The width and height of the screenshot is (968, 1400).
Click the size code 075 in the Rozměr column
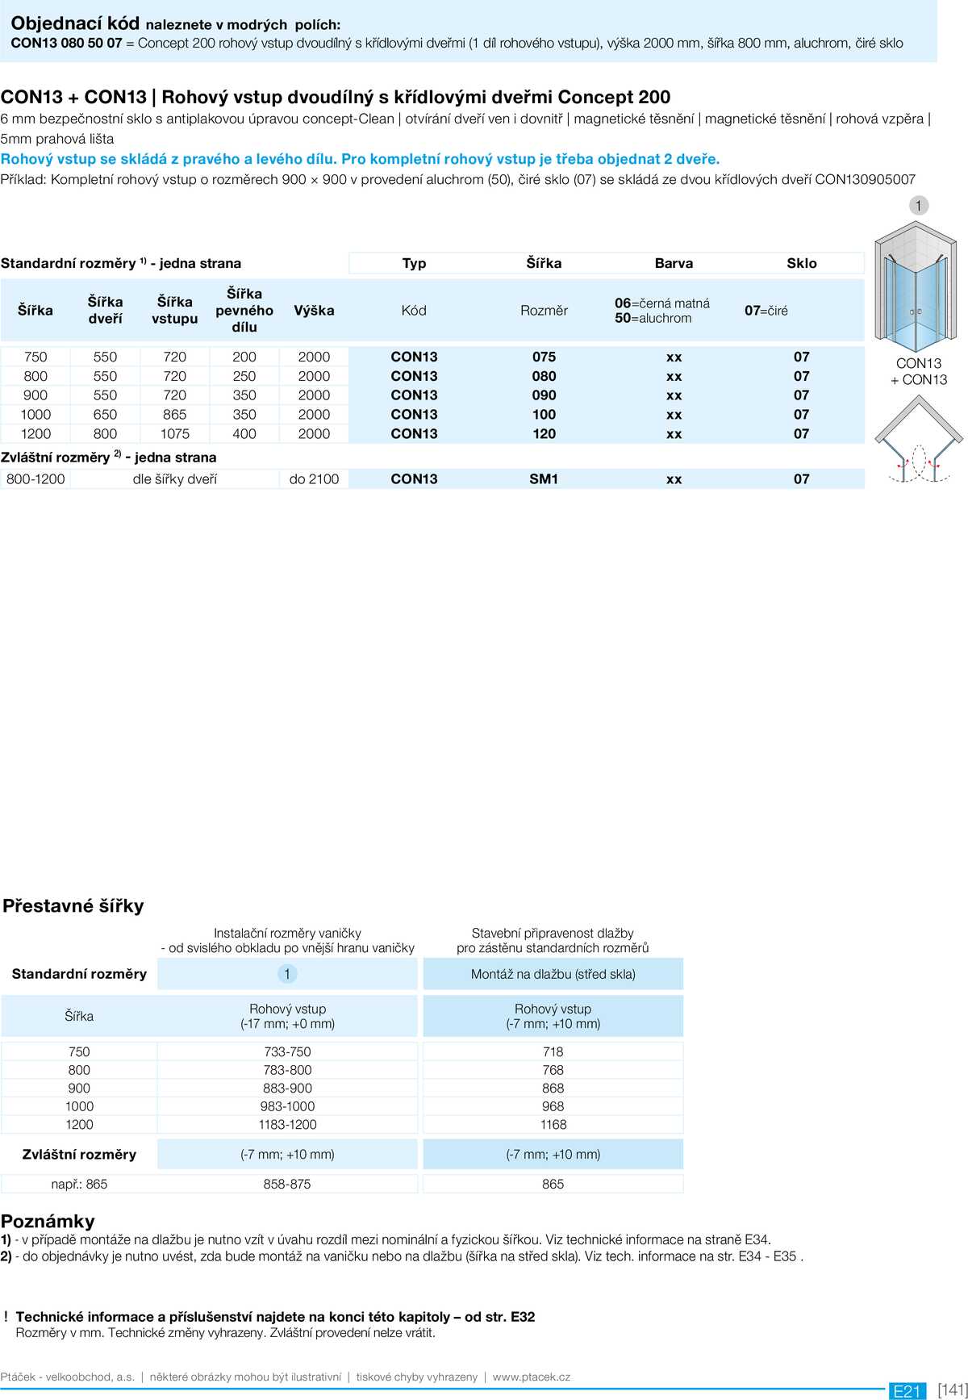pyautogui.click(x=544, y=357)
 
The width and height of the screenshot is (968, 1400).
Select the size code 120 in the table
pyautogui.click(x=544, y=433)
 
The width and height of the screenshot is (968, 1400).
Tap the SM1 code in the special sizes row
pyautogui.click(x=544, y=479)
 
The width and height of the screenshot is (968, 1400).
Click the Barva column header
pyautogui.click(x=674, y=263)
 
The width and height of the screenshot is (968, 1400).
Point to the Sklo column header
pyautogui.click(x=801, y=263)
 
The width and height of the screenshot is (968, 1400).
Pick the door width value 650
pyautogui.click(x=105, y=414)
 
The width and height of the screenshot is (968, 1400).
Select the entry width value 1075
pyautogui.click(x=174, y=433)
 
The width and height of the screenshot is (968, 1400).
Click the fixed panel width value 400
pyautogui.click(x=244, y=433)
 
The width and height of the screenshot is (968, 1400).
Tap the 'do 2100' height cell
pyautogui.click(x=314, y=479)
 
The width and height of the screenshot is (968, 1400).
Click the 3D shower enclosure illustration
pyautogui.click(x=916, y=286)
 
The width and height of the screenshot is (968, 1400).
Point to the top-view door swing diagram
pyautogui.click(x=919, y=442)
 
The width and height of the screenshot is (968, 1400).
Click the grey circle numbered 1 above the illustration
pyautogui.click(x=918, y=206)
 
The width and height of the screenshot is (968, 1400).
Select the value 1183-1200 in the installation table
pyautogui.click(x=287, y=1124)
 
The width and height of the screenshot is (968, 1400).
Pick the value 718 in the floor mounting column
pyautogui.click(x=553, y=1051)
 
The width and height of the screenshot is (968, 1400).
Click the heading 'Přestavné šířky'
pyautogui.click(x=73, y=905)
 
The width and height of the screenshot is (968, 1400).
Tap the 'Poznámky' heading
pyautogui.click(x=48, y=1220)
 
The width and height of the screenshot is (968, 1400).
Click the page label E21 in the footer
pyautogui.click(x=907, y=1390)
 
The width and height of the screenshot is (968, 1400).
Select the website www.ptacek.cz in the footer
pyautogui.click(x=531, y=1377)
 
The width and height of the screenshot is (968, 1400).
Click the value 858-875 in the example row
pyautogui.click(x=286, y=1184)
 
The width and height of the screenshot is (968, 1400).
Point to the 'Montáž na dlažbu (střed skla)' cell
pyautogui.click(x=553, y=974)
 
